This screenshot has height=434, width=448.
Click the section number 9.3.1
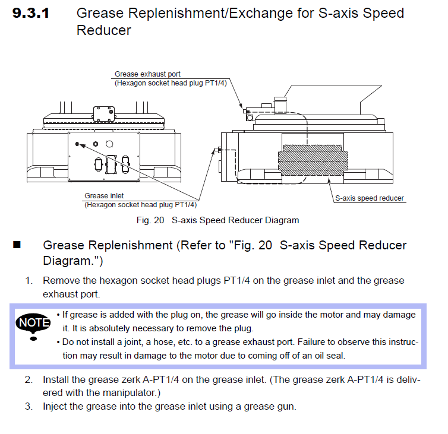[x=31, y=13]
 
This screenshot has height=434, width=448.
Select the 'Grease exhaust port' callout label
[x=147, y=74]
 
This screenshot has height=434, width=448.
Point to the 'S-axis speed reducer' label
[x=370, y=198]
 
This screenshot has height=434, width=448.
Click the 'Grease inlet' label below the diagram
[x=104, y=196]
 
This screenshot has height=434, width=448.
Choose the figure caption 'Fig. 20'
[x=150, y=220]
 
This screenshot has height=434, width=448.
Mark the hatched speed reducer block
[x=313, y=160]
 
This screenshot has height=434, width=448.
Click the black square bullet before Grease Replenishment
[x=17, y=245]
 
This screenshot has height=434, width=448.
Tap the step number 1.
[x=29, y=280]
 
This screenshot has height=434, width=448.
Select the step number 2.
[x=29, y=379]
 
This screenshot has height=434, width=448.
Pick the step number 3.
[x=29, y=406]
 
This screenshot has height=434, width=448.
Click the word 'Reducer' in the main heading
[x=104, y=30]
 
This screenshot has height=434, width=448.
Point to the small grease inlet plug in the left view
[x=77, y=144]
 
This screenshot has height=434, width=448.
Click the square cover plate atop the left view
[x=104, y=113]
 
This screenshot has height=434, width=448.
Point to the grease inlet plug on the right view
[x=218, y=150]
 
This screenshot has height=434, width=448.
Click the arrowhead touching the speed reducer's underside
[x=329, y=180]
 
